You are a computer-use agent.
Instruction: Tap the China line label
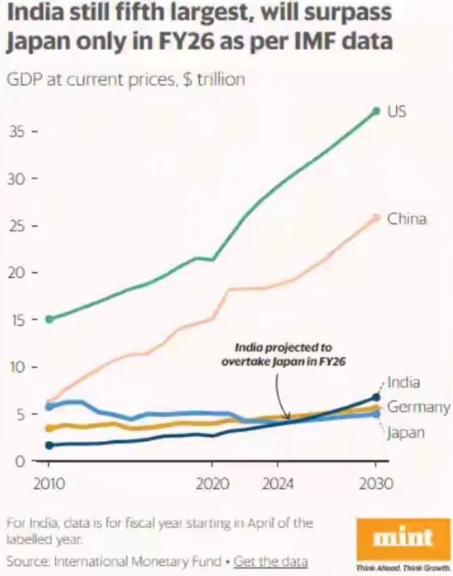pos(406,219)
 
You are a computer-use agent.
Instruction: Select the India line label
pos(404,383)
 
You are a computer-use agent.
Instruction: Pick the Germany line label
pos(419,407)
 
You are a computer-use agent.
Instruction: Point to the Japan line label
pos(405,432)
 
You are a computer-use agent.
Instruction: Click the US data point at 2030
pos(376,111)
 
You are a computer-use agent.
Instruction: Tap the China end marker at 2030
pos(376,218)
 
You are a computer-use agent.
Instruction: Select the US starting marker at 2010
pos(49,319)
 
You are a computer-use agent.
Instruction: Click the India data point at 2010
pos(49,445)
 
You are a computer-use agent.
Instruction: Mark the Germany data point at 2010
pos(49,428)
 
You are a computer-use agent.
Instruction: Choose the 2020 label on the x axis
pos(212,484)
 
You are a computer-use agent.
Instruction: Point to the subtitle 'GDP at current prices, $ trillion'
pos(126,80)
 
